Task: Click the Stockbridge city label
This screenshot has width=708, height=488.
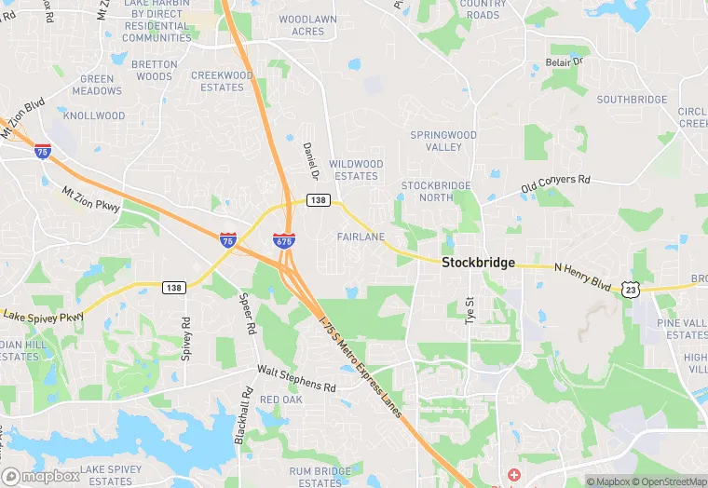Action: (478, 263)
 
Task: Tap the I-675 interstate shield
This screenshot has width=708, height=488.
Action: (284, 240)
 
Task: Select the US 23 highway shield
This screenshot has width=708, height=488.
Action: (631, 290)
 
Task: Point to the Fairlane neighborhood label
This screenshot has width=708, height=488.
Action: (361, 237)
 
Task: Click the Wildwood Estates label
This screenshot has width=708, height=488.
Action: (356, 169)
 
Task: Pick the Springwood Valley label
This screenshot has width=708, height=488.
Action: (443, 141)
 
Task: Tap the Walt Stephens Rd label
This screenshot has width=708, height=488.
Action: (296, 378)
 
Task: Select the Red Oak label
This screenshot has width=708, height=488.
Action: (280, 400)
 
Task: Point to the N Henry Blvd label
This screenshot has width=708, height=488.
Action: (585, 277)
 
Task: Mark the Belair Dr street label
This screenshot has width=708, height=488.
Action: (564, 62)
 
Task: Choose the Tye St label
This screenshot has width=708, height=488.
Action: (470, 311)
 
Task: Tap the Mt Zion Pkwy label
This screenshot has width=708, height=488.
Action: (91, 199)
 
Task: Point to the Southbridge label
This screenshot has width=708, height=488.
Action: (632, 100)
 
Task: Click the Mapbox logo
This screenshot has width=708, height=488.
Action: (41, 476)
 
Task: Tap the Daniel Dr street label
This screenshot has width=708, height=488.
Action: (311, 161)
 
